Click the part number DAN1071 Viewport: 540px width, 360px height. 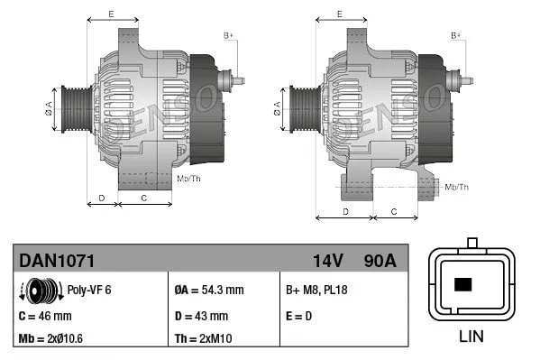click(57, 260)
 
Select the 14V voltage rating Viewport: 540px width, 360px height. click(327, 260)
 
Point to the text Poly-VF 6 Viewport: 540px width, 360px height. click(89, 291)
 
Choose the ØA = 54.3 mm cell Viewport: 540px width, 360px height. click(208, 291)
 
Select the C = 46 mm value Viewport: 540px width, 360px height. click(44, 316)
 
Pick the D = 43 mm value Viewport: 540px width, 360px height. click(201, 316)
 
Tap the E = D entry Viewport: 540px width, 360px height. click(300, 316)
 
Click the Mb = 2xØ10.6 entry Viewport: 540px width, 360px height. click(53, 340)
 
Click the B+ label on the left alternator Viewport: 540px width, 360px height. click(228, 35)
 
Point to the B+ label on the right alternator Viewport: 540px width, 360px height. click(456, 35)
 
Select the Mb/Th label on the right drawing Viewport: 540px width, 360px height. click(457, 187)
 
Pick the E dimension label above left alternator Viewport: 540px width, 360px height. click(110, 14)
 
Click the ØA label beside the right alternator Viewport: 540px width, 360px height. click(277, 107)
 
